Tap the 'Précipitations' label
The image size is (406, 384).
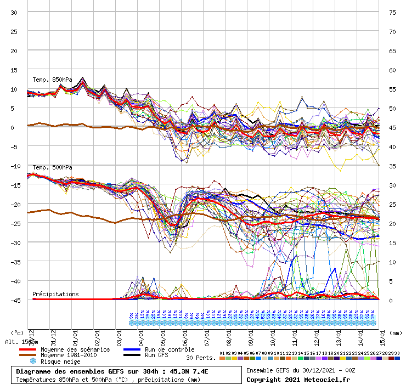[55, 294]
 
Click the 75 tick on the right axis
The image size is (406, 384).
[392, 12]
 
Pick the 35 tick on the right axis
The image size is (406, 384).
[392, 166]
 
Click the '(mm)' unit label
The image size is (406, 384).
[396, 332]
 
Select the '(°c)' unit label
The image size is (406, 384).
[17, 332]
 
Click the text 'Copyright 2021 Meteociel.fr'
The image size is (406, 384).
[298, 379]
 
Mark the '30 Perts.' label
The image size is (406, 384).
[200, 357]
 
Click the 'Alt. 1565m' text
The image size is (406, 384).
[21, 342]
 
